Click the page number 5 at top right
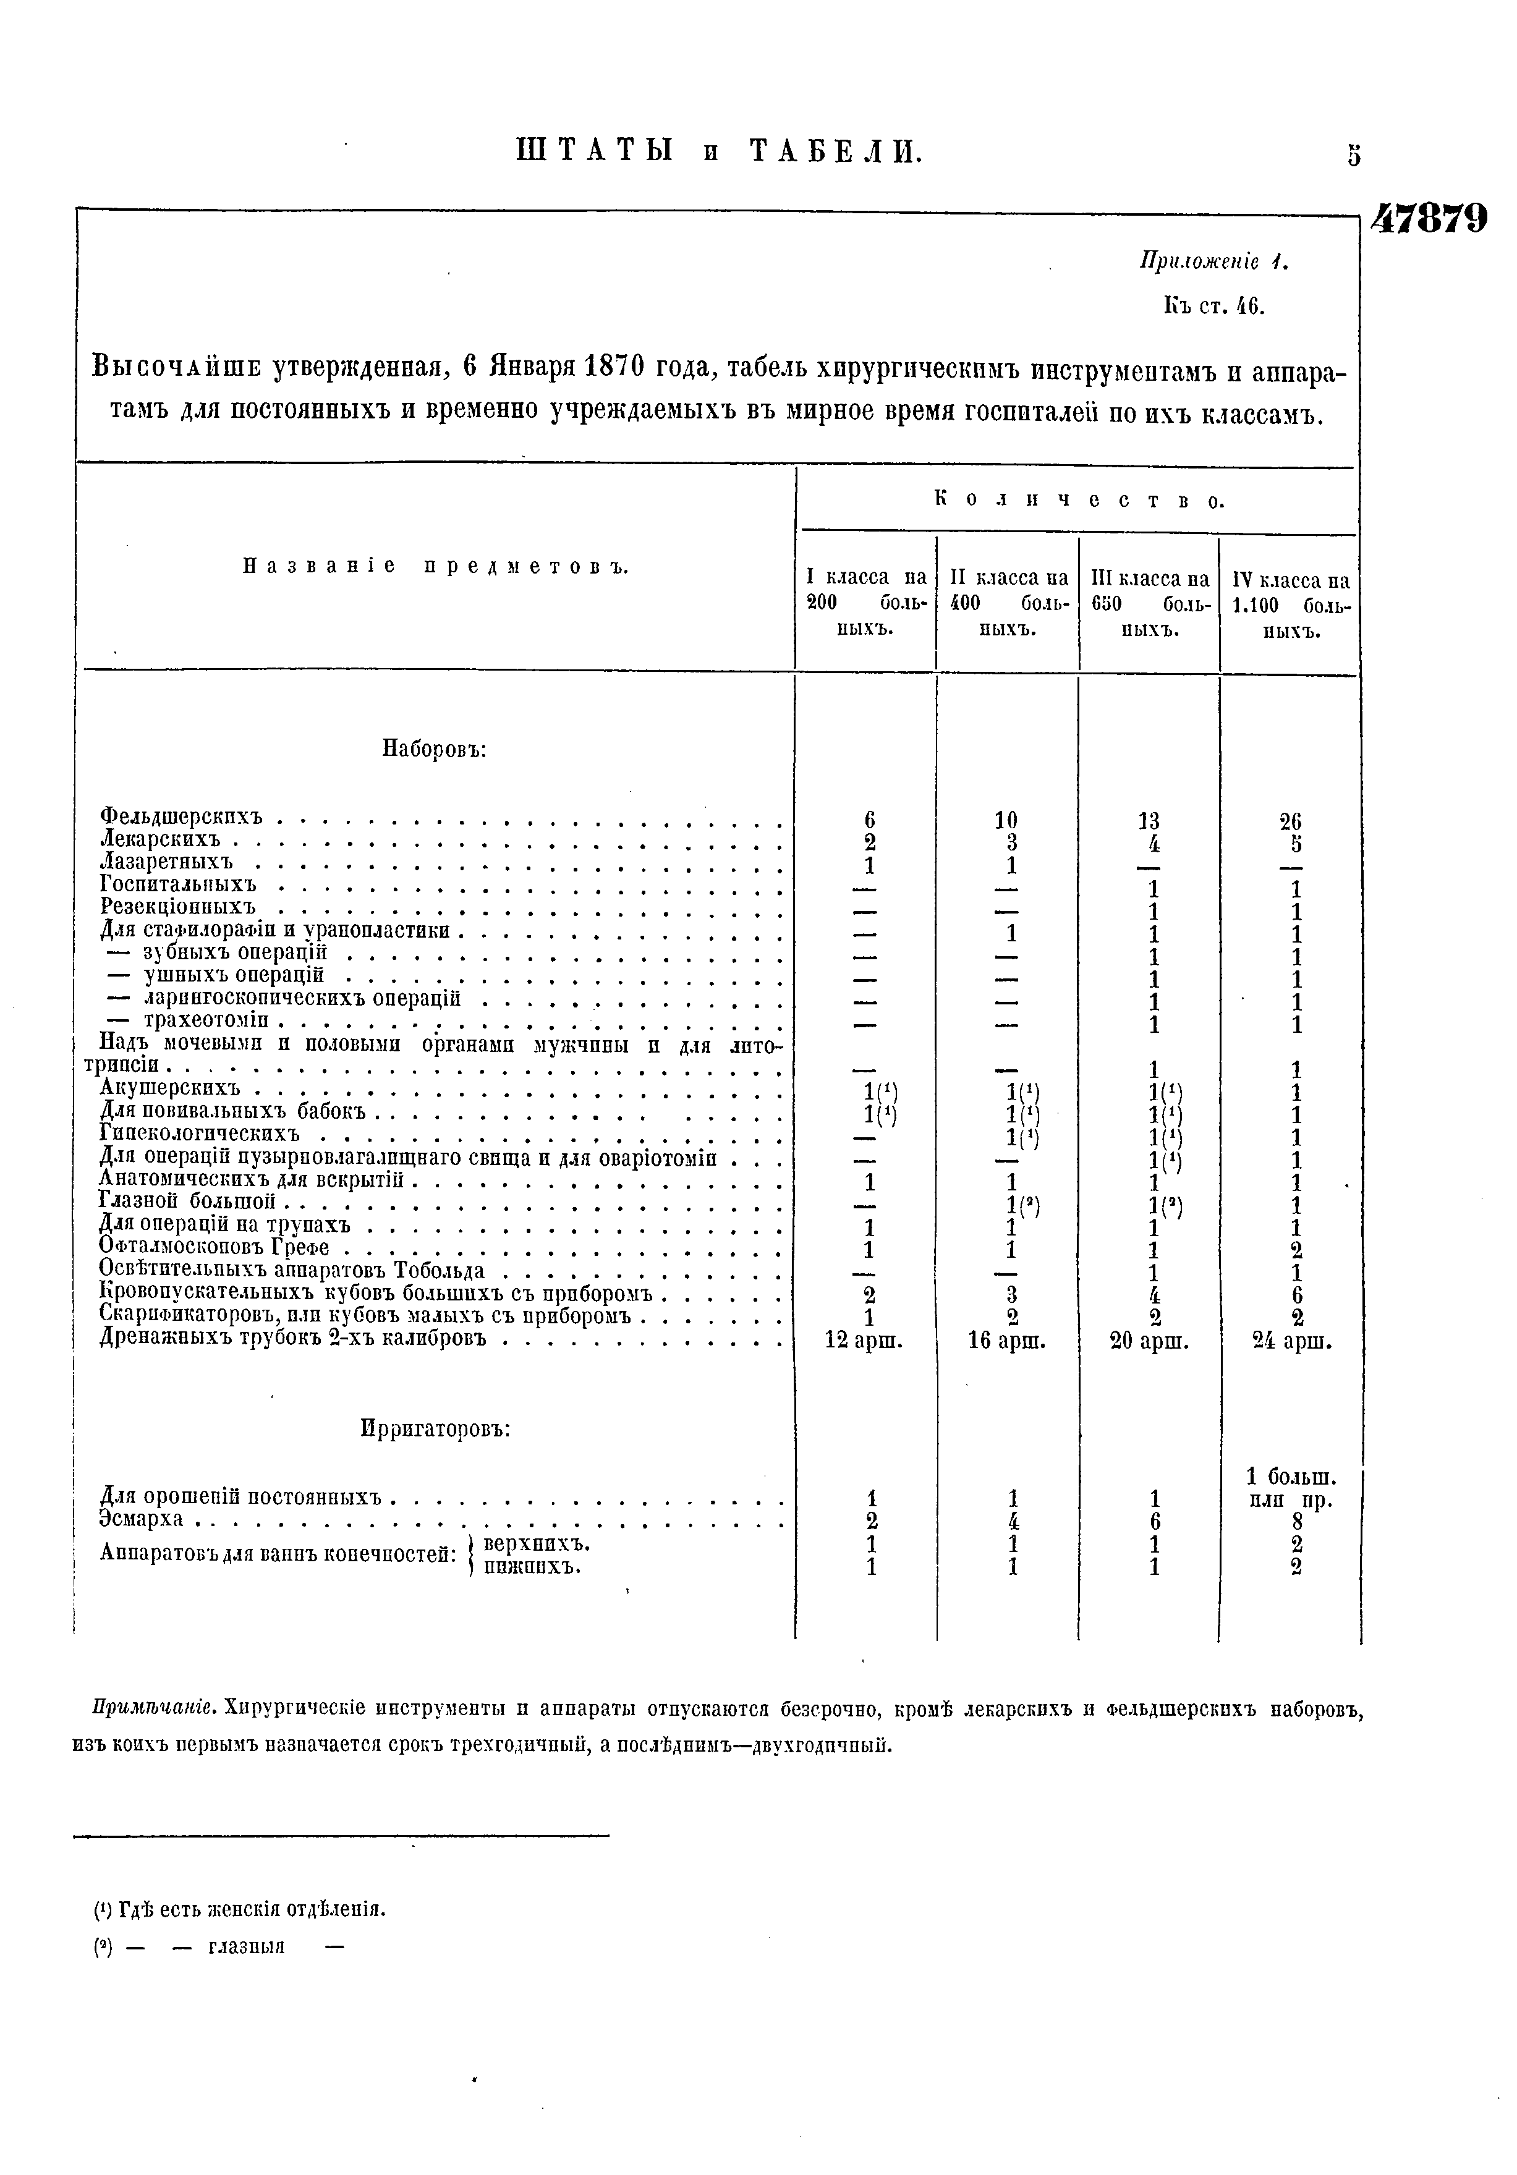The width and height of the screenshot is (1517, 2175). [x=1353, y=155]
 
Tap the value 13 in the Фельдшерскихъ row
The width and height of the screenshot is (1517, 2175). [x=1149, y=820]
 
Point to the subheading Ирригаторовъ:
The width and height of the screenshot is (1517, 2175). [x=436, y=1428]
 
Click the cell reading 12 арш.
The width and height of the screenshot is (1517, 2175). [x=864, y=1341]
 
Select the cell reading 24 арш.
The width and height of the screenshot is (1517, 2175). [x=1291, y=1341]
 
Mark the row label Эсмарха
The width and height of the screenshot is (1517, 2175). [x=141, y=1520]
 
